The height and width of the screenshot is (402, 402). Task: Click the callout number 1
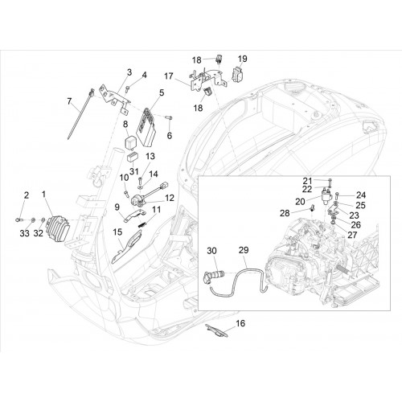point(44,195)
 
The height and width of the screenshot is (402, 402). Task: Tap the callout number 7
point(69,101)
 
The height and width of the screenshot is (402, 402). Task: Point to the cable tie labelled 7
point(80,114)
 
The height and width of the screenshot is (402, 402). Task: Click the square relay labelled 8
point(131,141)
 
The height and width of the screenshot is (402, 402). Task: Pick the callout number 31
point(133,171)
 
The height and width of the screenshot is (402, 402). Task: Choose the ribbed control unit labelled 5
point(146,128)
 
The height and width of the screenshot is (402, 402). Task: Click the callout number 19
point(242,59)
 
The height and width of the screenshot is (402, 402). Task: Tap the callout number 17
point(169,76)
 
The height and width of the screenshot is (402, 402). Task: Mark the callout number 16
point(240,323)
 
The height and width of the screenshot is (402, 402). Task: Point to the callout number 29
point(244,250)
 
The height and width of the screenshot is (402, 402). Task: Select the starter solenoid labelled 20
point(326,197)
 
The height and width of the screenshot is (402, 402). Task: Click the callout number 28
point(285,213)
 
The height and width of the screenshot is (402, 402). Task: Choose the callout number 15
point(117,232)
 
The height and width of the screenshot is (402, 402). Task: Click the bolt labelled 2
point(18,219)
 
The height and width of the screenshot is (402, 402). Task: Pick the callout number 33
point(24,233)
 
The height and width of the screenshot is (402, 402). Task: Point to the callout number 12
point(170,198)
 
